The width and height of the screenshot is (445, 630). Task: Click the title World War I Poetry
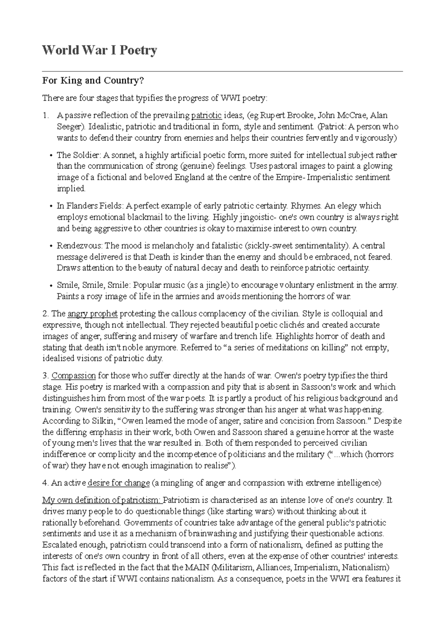100,50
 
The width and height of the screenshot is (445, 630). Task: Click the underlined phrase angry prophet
92,314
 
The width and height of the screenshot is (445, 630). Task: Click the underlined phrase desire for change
118,483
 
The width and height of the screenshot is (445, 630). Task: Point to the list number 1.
45,116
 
